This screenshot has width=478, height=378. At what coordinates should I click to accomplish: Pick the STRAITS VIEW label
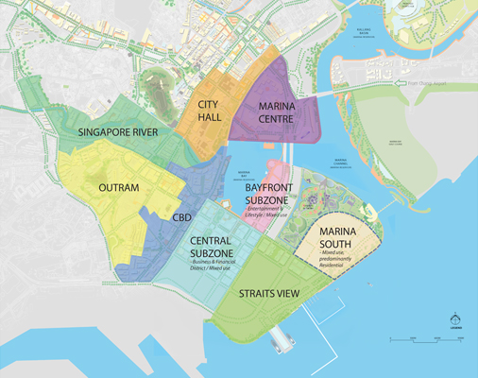point(269,295)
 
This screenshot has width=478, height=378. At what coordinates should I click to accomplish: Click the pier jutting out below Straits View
point(282,337)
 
